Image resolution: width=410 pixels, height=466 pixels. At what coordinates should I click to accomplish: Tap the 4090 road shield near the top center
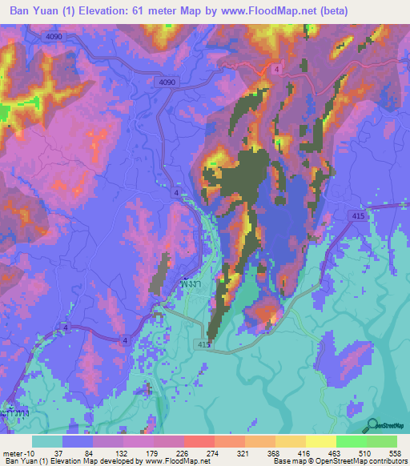point(167,82)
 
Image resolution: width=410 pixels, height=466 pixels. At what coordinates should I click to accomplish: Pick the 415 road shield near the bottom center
point(203,343)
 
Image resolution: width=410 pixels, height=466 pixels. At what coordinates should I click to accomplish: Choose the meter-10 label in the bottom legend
point(17,452)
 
